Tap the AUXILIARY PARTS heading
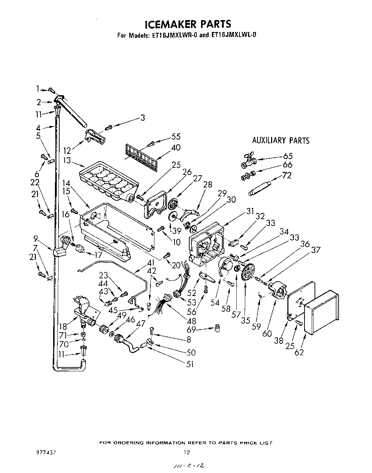(280, 140)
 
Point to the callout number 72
(287, 176)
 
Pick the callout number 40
(176, 148)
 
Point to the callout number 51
(190, 364)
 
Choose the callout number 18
(64, 327)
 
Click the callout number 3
(143, 118)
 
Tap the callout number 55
(176, 136)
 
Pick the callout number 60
(267, 334)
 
